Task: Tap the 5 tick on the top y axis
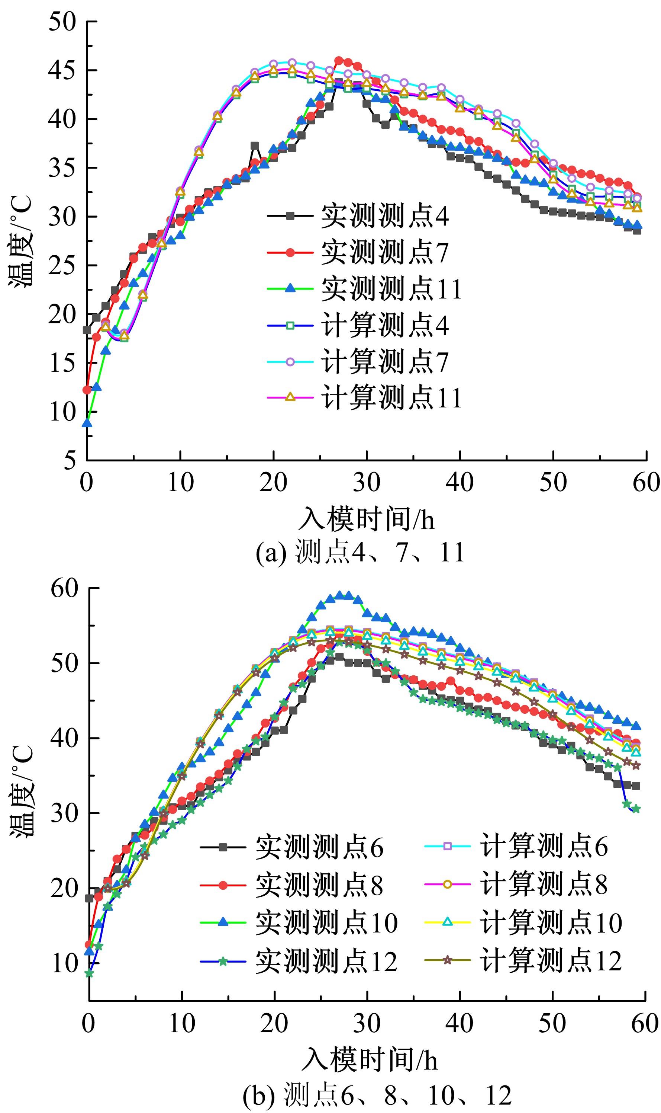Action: point(69,460)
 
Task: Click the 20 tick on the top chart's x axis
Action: point(273,482)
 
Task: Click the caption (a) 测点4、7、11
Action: point(360,552)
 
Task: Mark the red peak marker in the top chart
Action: point(339,61)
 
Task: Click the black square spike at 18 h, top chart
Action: point(255,146)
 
